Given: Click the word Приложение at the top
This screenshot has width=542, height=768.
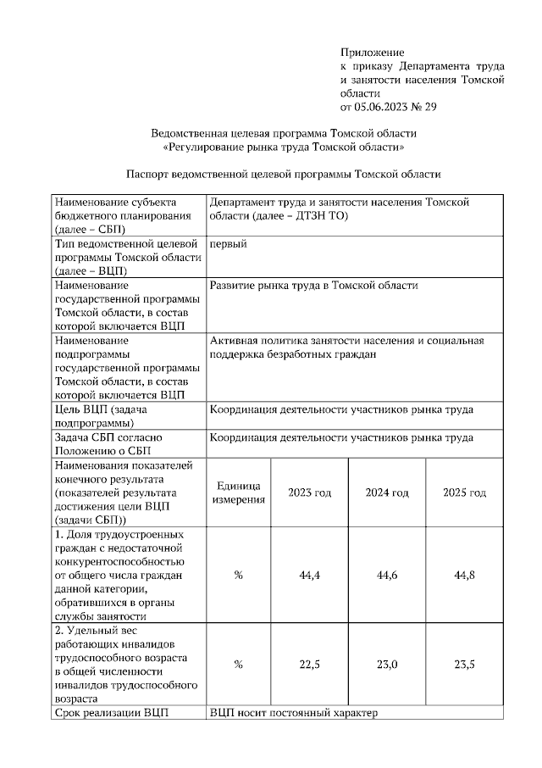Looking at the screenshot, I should coord(372,52).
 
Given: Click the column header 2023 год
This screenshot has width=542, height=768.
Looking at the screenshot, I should coord(309,493).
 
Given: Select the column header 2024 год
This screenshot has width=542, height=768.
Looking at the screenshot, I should coord(387,493).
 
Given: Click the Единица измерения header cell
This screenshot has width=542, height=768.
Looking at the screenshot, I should coord(238,493).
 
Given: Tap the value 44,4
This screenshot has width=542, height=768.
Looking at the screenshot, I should coord(309,575).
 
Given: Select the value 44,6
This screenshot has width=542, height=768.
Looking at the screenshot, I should coord(387,575).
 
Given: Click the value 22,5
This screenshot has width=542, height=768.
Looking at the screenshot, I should coord(309,664).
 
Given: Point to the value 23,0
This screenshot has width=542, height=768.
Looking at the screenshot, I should coord(387,664).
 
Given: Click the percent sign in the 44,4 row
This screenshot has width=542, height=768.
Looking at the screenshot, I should coord(238,575).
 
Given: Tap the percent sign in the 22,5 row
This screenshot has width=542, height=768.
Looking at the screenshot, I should coord(238,664).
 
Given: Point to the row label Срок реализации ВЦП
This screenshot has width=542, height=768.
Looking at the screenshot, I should coord(112,712).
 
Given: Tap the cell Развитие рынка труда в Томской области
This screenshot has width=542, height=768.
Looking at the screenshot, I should coord(313,286).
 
